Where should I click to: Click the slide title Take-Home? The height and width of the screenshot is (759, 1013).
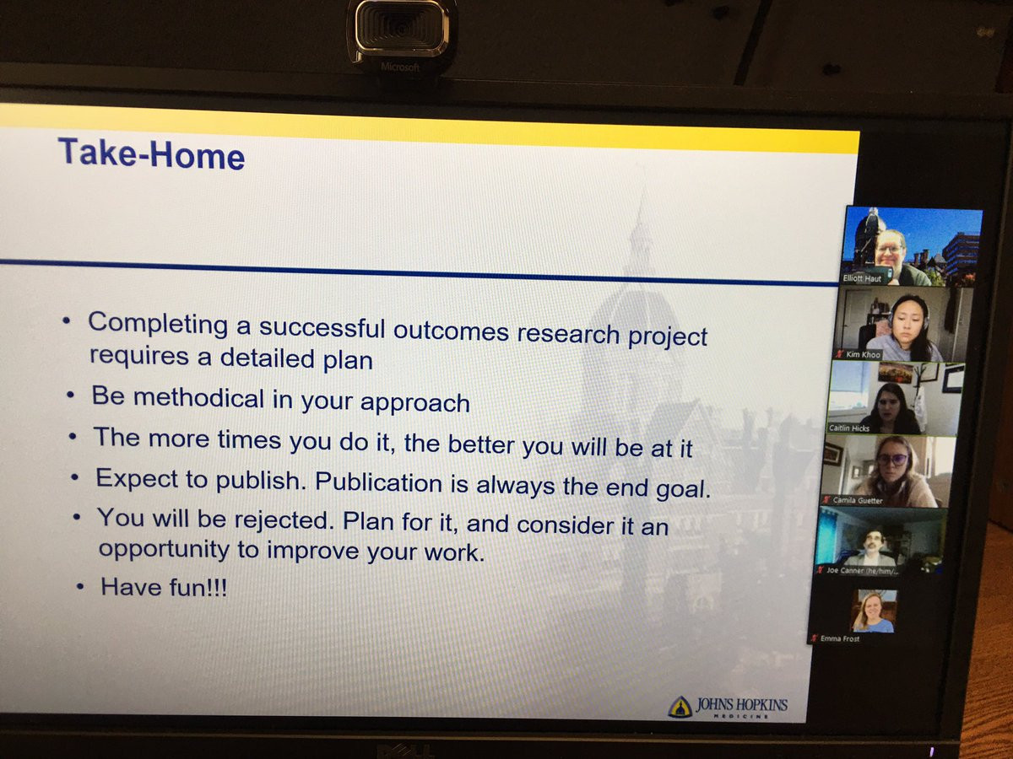point(151,154)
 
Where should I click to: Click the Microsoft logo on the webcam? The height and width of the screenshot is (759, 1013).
point(400,67)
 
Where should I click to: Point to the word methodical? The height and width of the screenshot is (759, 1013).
point(198,398)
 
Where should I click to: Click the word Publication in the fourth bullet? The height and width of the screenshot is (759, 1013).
point(378,482)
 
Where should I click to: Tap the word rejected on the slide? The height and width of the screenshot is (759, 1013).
point(284,520)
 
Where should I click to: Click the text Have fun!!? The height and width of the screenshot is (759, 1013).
point(164,588)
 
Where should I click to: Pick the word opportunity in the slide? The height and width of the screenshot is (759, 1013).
point(164,550)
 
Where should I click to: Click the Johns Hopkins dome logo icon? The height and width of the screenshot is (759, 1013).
point(680,707)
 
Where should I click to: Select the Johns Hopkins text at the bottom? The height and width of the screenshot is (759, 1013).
point(742,705)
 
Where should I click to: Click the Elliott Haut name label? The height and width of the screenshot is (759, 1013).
point(862,278)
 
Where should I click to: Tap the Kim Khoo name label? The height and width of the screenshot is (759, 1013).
point(863,354)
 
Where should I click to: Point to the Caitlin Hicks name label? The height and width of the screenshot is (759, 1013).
point(848,428)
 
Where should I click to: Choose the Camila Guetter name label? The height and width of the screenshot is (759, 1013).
point(858,500)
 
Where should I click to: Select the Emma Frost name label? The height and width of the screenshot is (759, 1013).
point(839,638)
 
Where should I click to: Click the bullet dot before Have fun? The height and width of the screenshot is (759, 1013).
point(80,587)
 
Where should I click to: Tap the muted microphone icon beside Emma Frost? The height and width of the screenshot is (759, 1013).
point(814,638)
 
